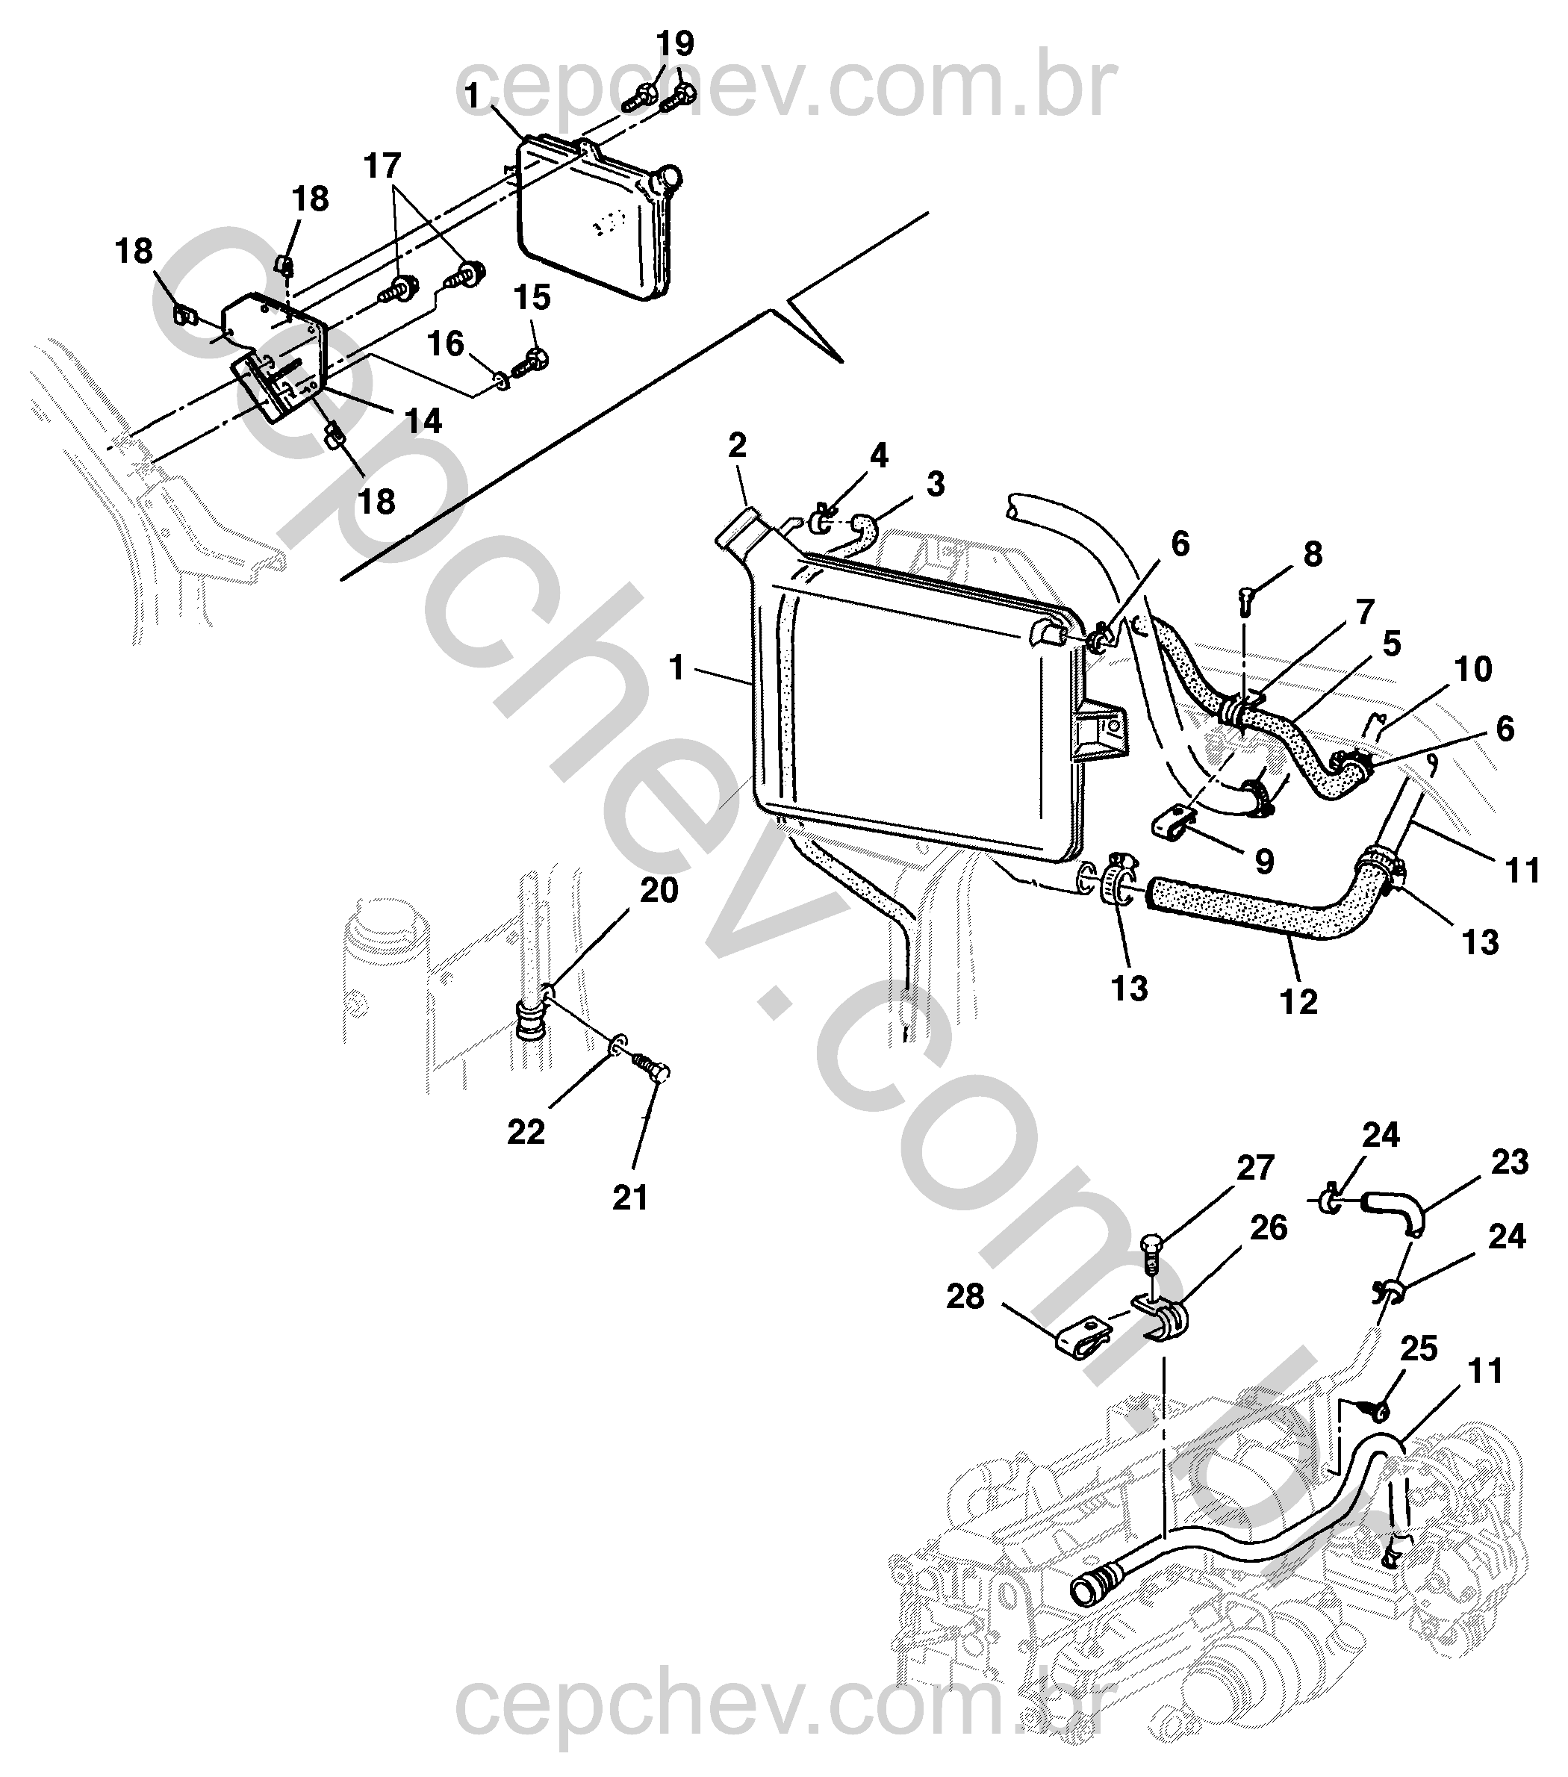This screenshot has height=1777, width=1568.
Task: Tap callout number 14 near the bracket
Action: click(x=423, y=421)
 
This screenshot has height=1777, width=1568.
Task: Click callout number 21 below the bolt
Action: click(x=630, y=1198)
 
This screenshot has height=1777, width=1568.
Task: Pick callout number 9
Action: click(x=1265, y=861)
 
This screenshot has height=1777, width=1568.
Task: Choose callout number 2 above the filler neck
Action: click(x=737, y=446)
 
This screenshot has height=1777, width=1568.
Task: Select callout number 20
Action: click(x=659, y=891)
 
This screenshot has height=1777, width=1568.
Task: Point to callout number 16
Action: click(x=446, y=344)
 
